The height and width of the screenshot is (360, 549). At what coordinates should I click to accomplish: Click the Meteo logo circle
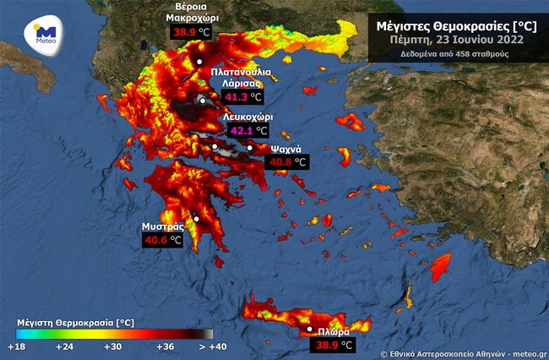[x=42, y=35]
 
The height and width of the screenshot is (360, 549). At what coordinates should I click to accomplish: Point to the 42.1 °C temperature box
[x=248, y=131]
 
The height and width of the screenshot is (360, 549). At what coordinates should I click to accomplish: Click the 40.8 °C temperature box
[x=287, y=161]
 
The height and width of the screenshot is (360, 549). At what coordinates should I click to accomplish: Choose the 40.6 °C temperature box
[x=162, y=240]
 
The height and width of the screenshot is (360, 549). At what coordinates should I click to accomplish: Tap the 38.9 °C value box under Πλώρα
[x=334, y=345]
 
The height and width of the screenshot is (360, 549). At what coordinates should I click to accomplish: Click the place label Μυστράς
[x=163, y=227]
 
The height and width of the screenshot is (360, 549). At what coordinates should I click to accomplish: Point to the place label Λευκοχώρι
[x=248, y=117]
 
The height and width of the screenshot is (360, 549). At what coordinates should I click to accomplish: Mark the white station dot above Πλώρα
[x=310, y=329]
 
